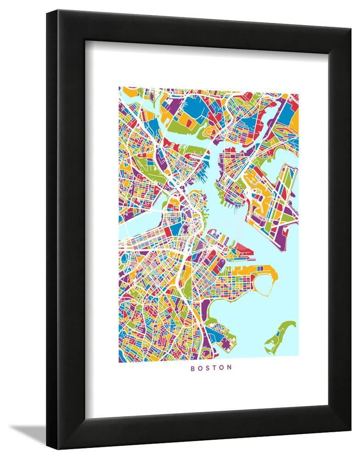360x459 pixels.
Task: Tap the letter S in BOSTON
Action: point(208,368)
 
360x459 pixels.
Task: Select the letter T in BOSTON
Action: point(215,368)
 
